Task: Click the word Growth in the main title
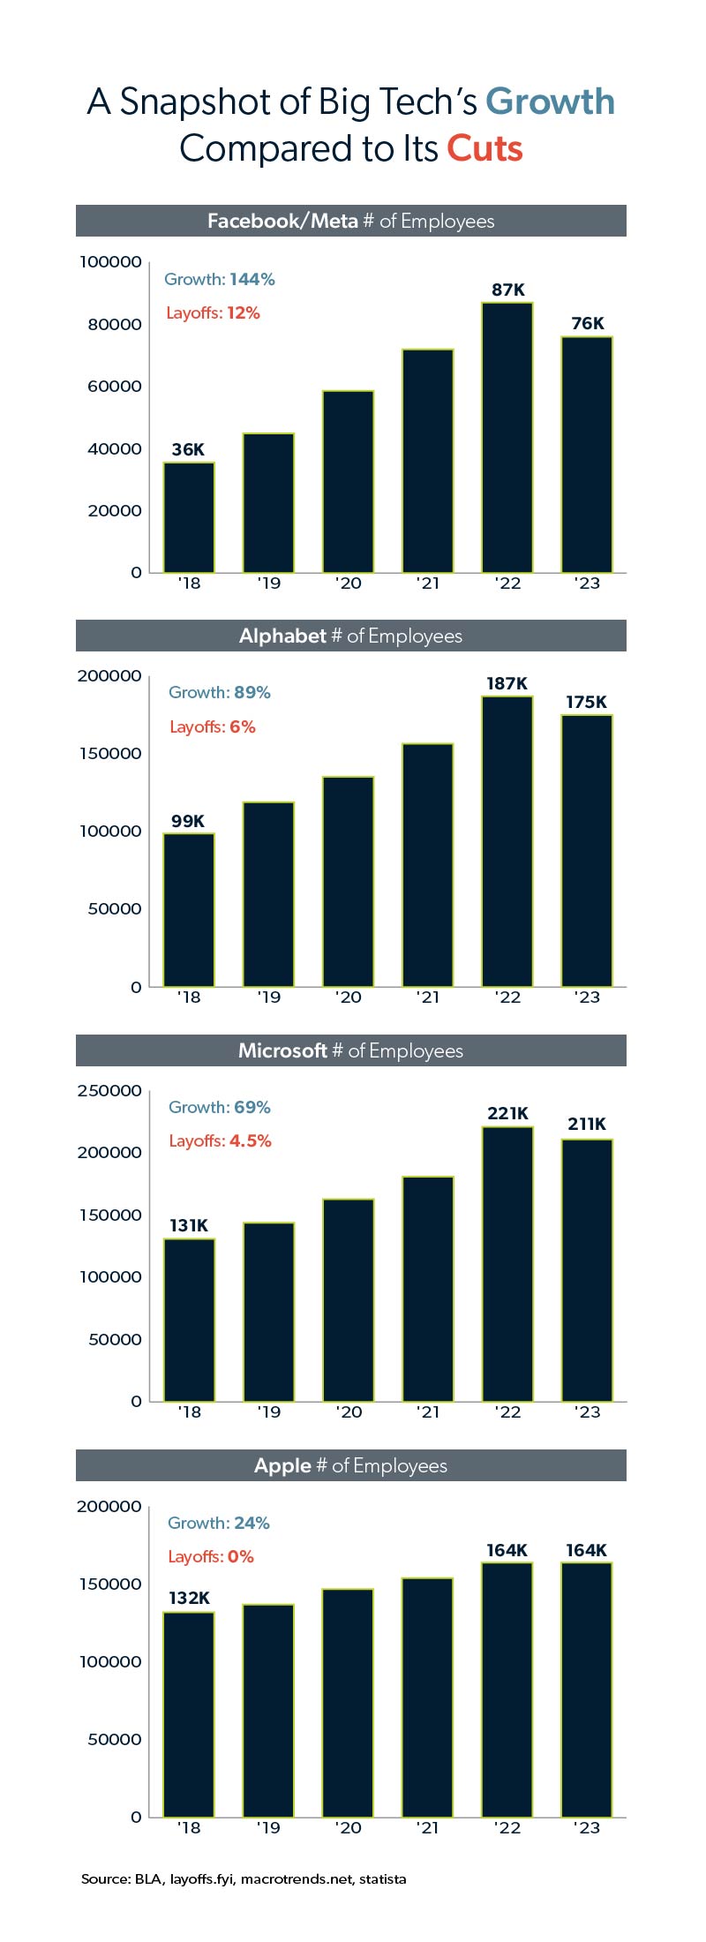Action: [550, 102]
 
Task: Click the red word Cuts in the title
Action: [484, 148]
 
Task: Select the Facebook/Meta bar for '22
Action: [507, 437]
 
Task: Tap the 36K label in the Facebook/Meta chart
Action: [188, 449]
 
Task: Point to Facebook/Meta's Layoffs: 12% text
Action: [213, 313]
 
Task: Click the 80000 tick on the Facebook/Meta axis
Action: [115, 325]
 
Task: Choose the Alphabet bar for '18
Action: [189, 909]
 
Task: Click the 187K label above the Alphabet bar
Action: [507, 683]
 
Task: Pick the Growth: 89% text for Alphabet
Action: [220, 693]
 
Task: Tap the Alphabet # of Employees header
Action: [350, 636]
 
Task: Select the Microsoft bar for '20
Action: [349, 1299]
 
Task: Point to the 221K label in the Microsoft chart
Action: [508, 1113]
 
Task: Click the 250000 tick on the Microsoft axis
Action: [109, 1091]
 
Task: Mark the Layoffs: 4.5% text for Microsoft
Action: [220, 1141]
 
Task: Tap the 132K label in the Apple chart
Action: [189, 1598]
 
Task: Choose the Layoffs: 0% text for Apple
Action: [211, 1556]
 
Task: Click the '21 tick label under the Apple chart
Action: [428, 1828]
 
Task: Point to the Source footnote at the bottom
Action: [244, 1879]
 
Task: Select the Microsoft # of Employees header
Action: [350, 1050]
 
